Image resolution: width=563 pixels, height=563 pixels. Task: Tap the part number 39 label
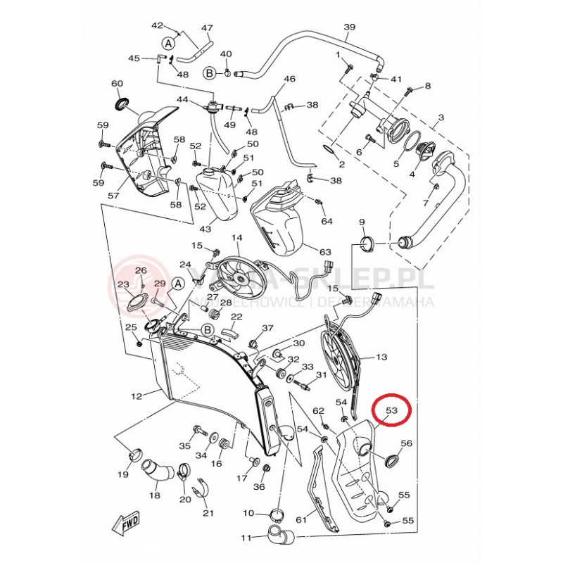350,27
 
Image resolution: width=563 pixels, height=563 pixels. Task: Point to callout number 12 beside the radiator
137,396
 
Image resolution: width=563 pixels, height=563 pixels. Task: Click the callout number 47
207,28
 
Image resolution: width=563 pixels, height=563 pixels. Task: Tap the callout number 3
441,118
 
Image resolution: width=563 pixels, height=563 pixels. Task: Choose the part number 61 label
302,520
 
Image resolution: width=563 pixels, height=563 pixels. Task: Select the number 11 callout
246,538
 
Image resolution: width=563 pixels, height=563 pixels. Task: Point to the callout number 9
362,222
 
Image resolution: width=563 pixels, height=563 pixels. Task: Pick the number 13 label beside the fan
381,358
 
